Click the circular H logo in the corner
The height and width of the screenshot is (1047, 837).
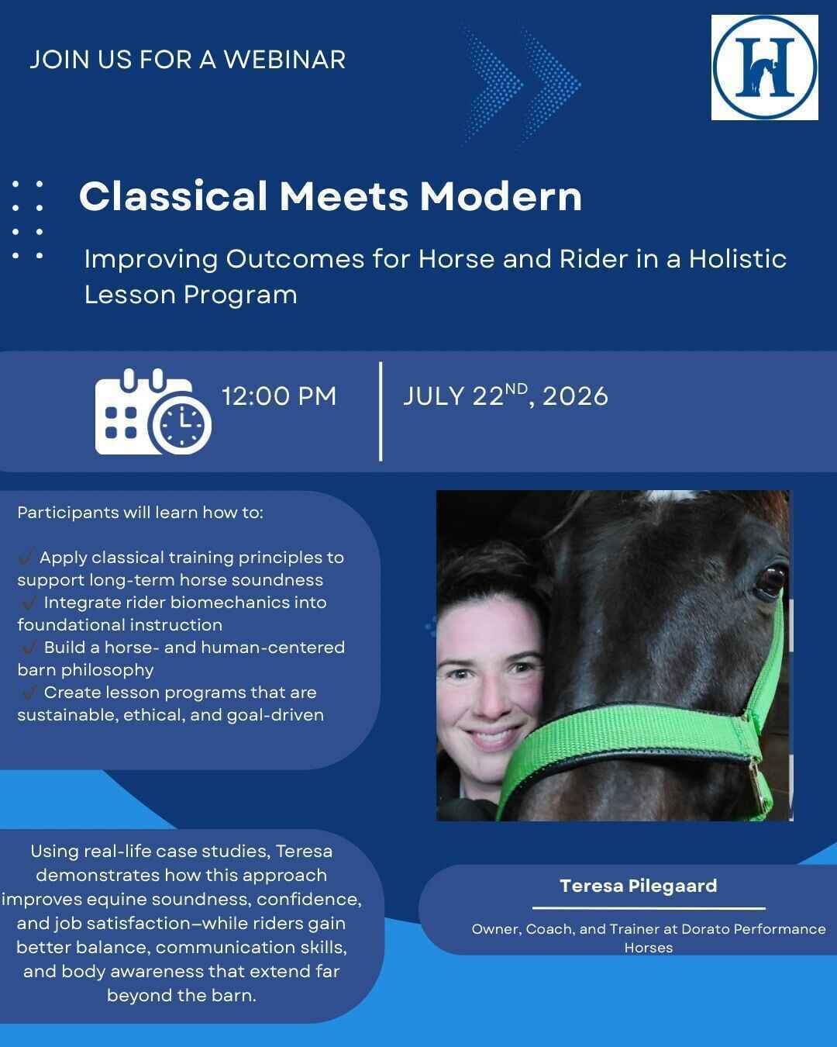pyautogui.click(x=764, y=67)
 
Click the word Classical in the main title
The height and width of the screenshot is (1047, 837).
pyautogui.click(x=173, y=196)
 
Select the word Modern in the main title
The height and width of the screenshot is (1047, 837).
pyautogui.click(x=501, y=196)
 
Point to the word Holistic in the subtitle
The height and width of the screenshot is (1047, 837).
pyautogui.click(x=737, y=258)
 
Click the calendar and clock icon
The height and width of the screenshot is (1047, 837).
pyautogui.click(x=153, y=412)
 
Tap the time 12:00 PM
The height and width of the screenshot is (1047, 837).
pyautogui.click(x=279, y=396)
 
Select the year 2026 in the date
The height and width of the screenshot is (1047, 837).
pyautogui.click(x=575, y=396)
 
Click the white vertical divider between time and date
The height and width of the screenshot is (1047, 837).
pyautogui.click(x=381, y=411)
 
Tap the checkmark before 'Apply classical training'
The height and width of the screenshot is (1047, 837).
pyautogui.click(x=26, y=557)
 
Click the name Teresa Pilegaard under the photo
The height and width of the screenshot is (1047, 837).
pyautogui.click(x=639, y=886)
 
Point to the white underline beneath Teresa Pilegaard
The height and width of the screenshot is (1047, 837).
pyautogui.click(x=649, y=907)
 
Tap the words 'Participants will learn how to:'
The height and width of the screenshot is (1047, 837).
pyautogui.click(x=140, y=513)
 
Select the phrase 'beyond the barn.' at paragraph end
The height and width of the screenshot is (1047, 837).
pyautogui.click(x=181, y=995)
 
